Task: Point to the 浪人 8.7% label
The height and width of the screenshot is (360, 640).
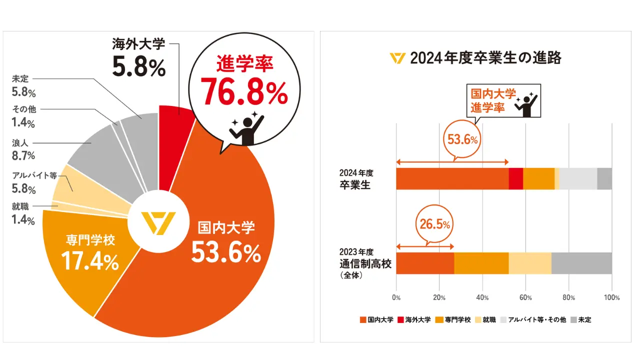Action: (23, 149)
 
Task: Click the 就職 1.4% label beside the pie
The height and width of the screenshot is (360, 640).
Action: (23, 213)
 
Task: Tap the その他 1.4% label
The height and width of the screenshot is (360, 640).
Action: (24, 116)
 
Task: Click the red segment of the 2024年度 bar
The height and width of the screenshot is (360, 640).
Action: (516, 179)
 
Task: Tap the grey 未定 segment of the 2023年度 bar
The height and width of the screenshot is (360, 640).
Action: (581, 263)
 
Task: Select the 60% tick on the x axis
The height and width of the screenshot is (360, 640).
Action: (525, 297)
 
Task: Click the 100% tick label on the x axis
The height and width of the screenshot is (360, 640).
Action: (611, 297)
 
